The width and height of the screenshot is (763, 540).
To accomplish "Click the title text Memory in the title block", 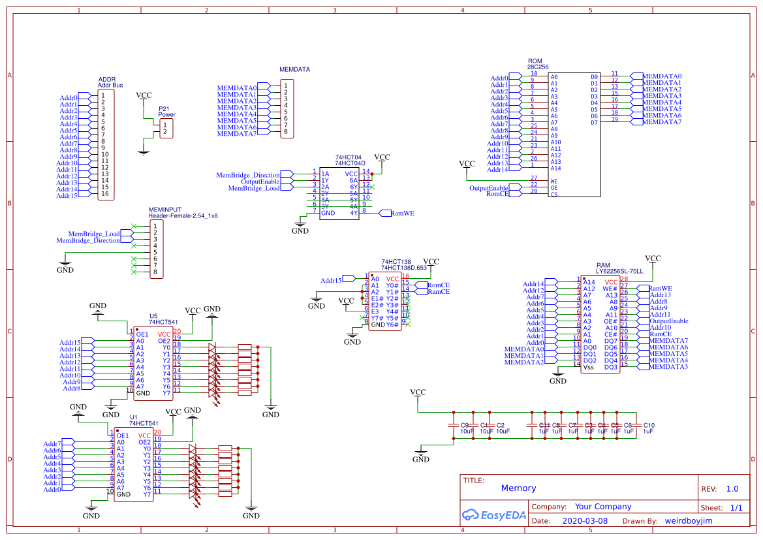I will click(x=518, y=488).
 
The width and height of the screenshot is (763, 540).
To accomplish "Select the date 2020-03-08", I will click(x=584, y=522).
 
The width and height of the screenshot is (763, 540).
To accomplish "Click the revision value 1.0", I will click(x=732, y=489).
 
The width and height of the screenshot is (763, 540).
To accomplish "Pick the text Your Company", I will click(x=602, y=507).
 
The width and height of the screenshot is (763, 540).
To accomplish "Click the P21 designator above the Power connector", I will click(x=164, y=108).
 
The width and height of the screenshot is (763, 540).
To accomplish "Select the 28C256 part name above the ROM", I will click(x=538, y=67).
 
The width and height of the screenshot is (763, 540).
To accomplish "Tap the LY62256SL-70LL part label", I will click(x=619, y=270).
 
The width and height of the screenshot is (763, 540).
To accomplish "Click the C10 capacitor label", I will click(x=648, y=425).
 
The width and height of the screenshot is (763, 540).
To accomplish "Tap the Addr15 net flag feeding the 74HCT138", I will click(x=331, y=280).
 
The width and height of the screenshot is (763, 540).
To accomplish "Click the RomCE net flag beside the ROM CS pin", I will click(x=497, y=194).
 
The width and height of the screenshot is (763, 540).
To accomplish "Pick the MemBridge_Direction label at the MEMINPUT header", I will click(x=88, y=240).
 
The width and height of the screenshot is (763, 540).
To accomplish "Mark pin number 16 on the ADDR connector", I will click(x=104, y=194).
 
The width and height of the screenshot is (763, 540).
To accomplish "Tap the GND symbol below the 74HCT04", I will click(x=300, y=230).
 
